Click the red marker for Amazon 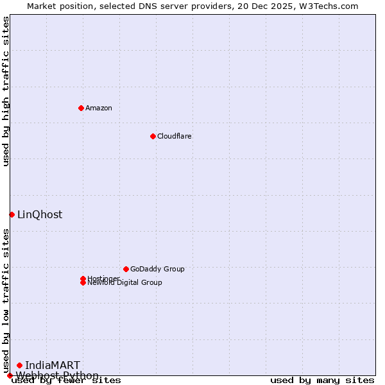81,108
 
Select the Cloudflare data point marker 153,136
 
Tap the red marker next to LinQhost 12,214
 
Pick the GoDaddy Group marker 126,269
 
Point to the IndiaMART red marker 19,365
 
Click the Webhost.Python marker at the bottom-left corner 10,375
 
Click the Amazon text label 98,108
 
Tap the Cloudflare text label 174,136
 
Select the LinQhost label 40,215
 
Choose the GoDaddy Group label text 157,269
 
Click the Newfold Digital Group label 124,283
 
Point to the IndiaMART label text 53,366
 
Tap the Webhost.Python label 57,375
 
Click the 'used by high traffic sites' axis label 6,91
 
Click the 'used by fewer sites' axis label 66,381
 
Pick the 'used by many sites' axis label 322,381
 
